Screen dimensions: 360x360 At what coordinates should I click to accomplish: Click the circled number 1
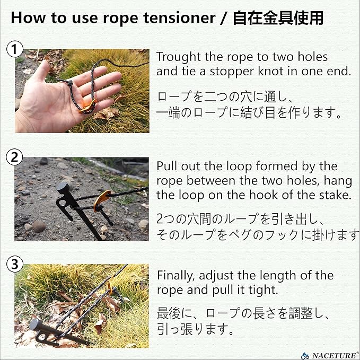tap(15, 49)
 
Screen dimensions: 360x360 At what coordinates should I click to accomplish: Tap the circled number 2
tap(14, 157)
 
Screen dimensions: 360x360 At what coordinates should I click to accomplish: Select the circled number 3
tap(15, 264)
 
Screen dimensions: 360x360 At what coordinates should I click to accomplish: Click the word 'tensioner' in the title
tap(180, 18)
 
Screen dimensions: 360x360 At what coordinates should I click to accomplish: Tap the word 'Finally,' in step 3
tap(176, 276)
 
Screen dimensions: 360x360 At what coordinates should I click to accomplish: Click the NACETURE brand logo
tap(330, 355)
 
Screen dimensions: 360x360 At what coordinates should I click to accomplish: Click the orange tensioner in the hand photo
tap(87, 106)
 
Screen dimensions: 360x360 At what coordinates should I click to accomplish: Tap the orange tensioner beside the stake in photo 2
tap(101, 200)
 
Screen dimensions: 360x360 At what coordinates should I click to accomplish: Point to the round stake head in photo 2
tap(63, 188)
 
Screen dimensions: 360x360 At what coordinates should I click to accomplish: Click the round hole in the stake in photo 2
tap(62, 203)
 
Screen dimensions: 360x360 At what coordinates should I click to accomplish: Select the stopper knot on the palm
tap(69, 83)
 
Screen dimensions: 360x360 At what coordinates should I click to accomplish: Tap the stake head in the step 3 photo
tap(35, 324)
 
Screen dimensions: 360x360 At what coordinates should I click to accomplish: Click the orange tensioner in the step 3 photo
tap(110, 288)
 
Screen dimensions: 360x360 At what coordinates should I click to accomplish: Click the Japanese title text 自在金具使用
tap(278, 18)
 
